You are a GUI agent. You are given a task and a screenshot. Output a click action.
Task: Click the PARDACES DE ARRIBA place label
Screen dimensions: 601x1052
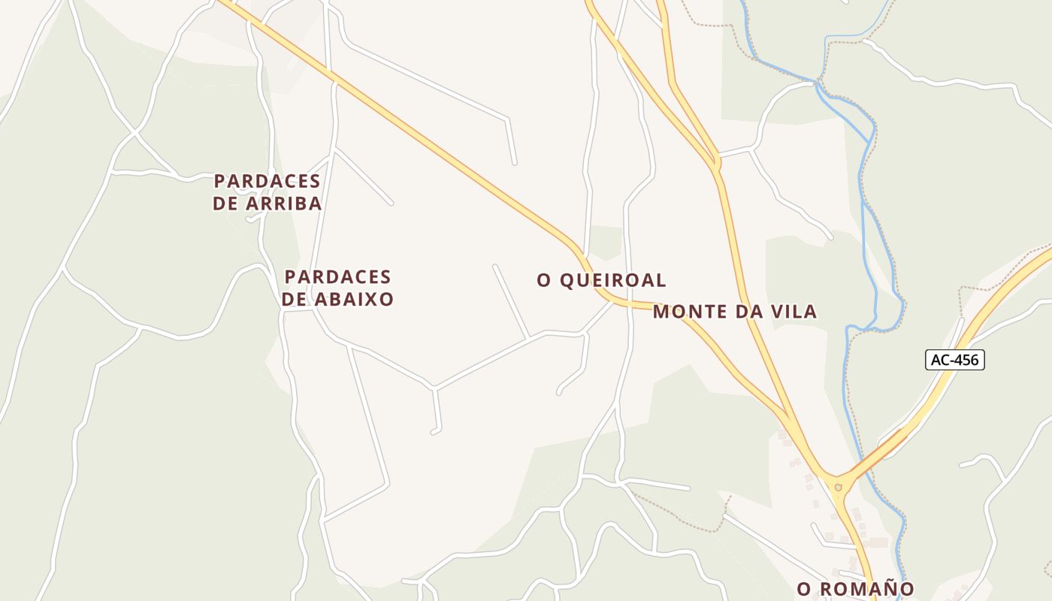tap(268, 192)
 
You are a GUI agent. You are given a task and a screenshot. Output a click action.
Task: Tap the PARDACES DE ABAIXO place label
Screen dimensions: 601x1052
tap(338, 288)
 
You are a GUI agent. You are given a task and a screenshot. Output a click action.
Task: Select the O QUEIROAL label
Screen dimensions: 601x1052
tap(601, 280)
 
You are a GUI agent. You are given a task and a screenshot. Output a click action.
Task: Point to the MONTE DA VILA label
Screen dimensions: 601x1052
tap(734, 312)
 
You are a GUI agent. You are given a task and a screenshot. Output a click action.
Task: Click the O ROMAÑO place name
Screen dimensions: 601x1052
tap(855, 588)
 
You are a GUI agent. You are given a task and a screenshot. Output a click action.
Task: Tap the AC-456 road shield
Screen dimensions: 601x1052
tap(954, 360)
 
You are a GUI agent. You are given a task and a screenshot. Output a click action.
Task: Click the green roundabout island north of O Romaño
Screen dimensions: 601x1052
tap(839, 487)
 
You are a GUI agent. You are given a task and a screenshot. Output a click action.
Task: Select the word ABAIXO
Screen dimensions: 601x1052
tap(354, 299)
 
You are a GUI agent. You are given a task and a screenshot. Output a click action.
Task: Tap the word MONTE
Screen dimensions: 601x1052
tap(689, 312)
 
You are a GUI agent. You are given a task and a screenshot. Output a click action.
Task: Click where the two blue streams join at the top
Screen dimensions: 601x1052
tap(817, 81)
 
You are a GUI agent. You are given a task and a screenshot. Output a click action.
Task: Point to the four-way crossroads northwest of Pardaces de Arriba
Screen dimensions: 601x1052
tap(135, 133)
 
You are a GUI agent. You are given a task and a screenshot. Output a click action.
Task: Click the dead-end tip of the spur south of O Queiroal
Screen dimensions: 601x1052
tap(559, 392)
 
